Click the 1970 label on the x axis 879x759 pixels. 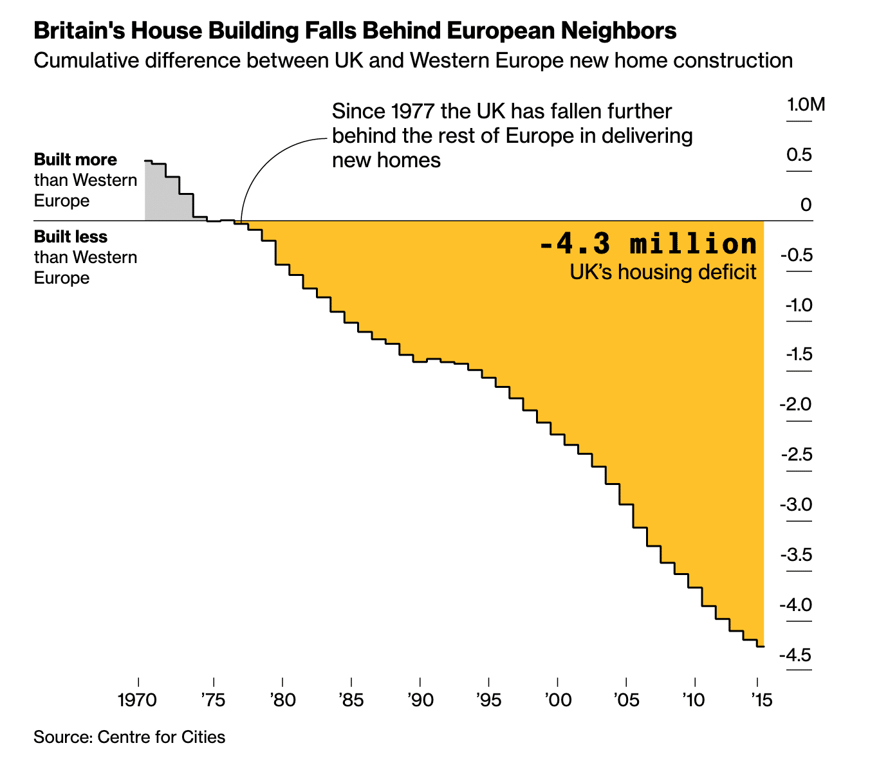pyautogui.click(x=138, y=699)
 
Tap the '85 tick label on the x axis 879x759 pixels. pyautogui.click(x=351, y=699)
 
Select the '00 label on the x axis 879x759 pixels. pyautogui.click(x=557, y=699)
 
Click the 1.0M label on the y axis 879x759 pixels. pyautogui.click(x=806, y=104)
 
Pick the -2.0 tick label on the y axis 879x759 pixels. pyautogui.click(x=796, y=405)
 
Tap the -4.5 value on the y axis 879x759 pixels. pyautogui.click(x=796, y=655)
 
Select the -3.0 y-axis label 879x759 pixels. pyautogui.click(x=796, y=505)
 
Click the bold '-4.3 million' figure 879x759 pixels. pyautogui.click(x=648, y=244)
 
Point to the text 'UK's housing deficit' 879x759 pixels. pyautogui.click(x=663, y=272)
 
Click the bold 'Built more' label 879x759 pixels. pyautogui.click(x=75, y=160)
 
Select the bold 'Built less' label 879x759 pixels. pyautogui.click(x=71, y=237)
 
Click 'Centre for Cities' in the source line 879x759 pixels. pyautogui.click(x=162, y=736)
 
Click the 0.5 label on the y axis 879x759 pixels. pyautogui.click(x=798, y=154)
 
